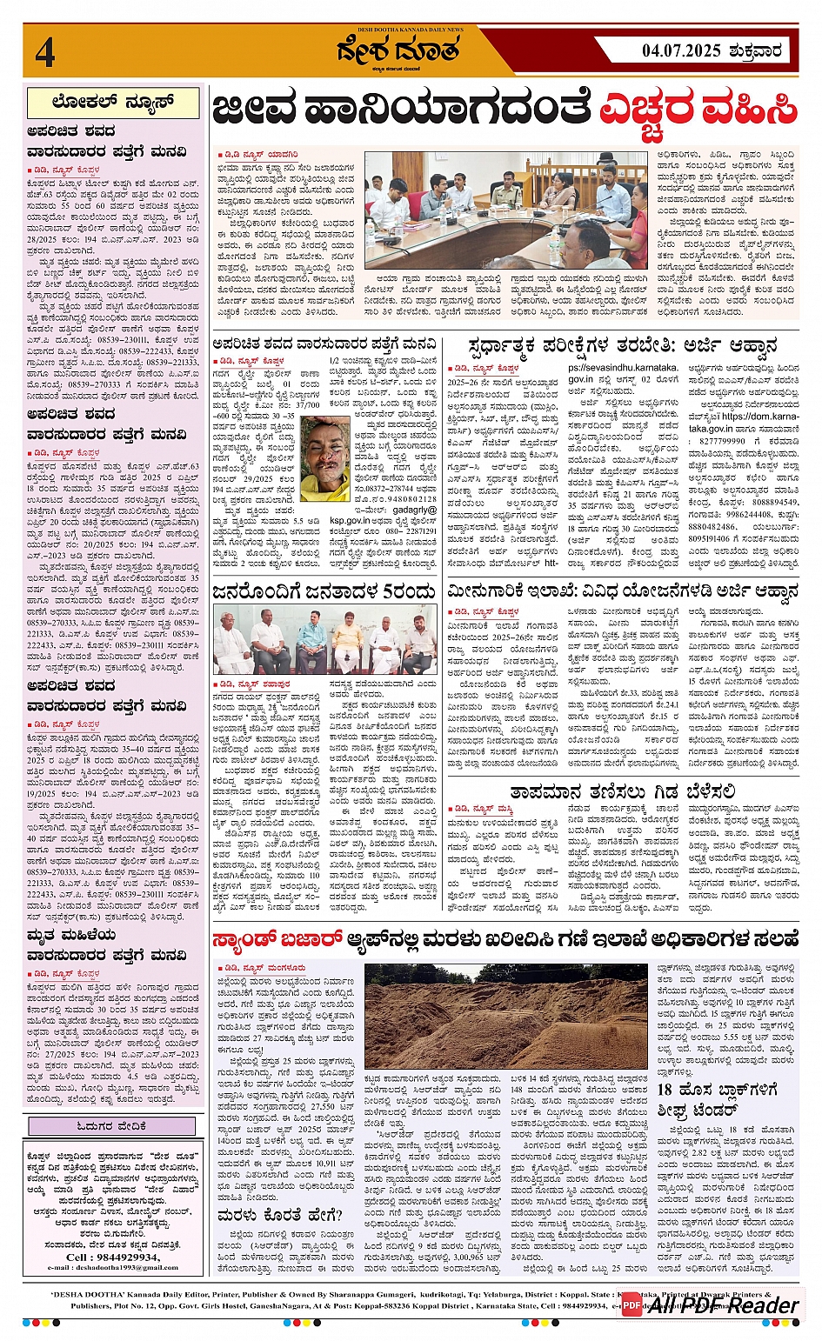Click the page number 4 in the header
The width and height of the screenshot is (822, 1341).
[x=44, y=52]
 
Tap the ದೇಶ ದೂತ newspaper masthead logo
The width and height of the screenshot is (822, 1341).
[x=399, y=53]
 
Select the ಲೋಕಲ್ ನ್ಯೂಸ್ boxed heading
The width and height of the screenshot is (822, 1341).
[x=113, y=103]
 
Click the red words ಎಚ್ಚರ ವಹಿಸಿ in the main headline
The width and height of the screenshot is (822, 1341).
[x=698, y=110]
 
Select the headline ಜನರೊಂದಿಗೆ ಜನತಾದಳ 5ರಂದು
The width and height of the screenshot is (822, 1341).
[x=326, y=592]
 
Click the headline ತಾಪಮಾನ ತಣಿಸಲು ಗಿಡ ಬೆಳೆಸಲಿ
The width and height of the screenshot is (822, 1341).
[x=623, y=791]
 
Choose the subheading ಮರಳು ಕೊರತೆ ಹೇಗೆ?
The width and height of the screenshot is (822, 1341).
[x=262, y=1214]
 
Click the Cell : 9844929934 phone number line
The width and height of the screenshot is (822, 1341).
[x=113, y=1257]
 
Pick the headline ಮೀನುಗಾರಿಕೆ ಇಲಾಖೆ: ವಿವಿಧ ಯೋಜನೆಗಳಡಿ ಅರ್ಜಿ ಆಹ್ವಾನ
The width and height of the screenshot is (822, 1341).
[x=623, y=592]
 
